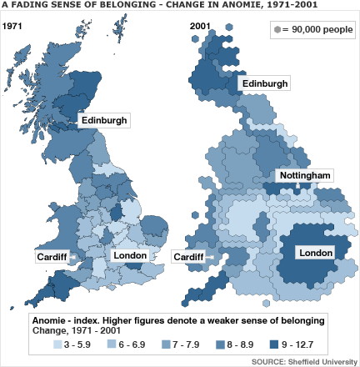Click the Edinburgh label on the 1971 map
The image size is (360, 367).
point(104,121)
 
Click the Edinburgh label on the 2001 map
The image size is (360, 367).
point(265,84)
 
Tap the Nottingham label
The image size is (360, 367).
point(305,176)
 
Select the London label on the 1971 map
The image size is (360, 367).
point(129,255)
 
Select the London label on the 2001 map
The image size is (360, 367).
point(315,253)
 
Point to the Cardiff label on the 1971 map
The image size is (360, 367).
point(52,257)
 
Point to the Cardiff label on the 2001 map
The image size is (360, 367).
point(188,257)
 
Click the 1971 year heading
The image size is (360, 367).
point(12,27)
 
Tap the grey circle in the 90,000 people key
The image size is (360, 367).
point(277,31)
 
